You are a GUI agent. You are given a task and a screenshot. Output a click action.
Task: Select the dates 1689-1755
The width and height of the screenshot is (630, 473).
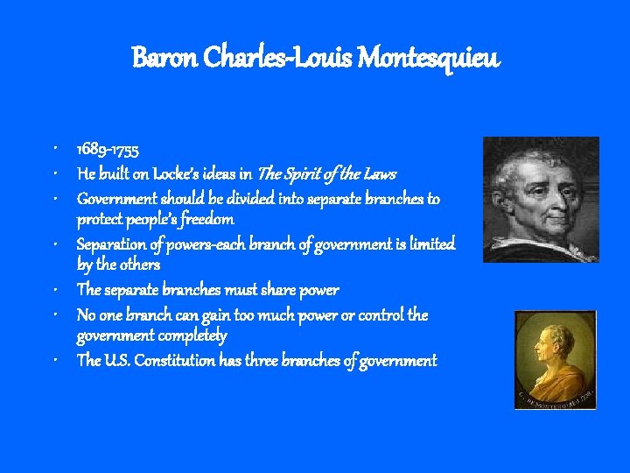point(106,150)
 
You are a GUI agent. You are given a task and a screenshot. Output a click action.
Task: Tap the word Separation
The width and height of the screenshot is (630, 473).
point(112,244)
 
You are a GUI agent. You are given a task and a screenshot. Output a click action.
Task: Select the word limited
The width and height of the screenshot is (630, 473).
point(430,244)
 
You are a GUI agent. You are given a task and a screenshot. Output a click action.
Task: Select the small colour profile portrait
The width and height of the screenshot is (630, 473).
point(555,358)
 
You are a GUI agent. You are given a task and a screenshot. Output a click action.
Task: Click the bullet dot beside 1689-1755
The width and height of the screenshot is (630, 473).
point(55,150)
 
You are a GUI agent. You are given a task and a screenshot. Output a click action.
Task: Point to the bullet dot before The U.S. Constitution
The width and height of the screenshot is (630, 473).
point(55,360)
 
